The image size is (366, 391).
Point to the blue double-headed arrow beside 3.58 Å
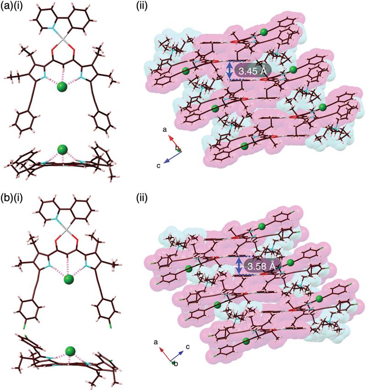point(239,265)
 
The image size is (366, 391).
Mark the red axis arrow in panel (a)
point(172,141)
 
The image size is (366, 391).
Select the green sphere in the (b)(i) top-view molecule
point(69,279)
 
